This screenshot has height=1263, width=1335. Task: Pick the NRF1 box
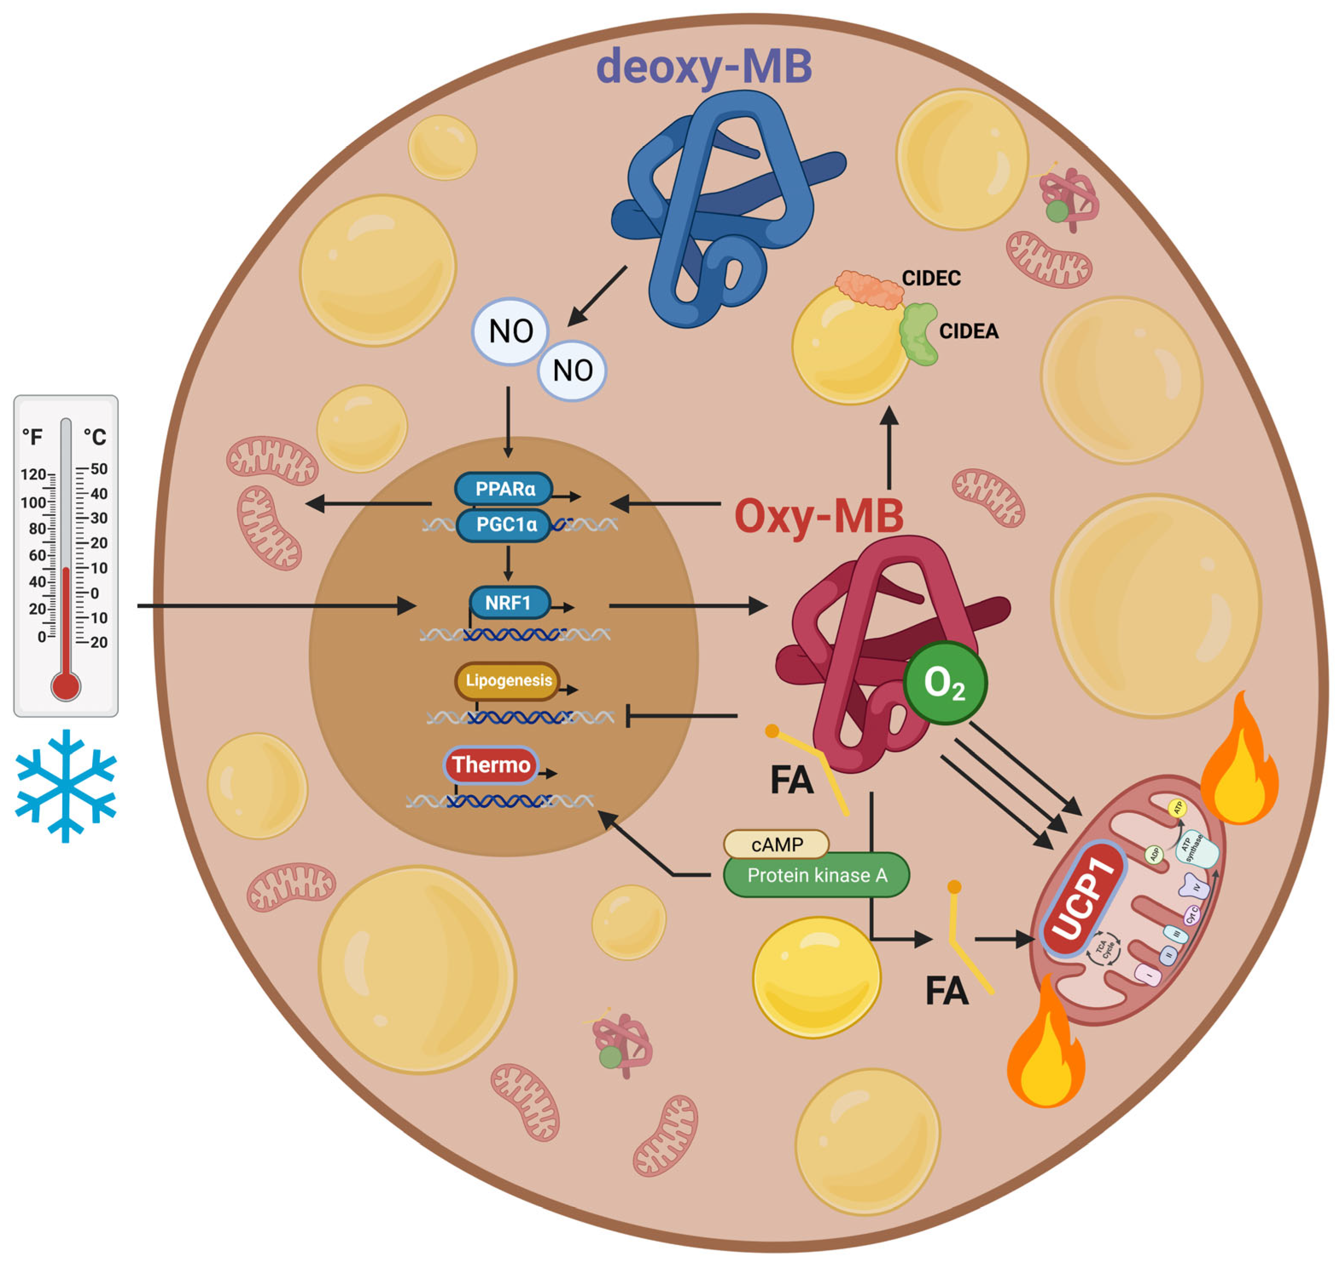[x=509, y=603]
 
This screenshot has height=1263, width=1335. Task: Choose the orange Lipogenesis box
[x=507, y=681]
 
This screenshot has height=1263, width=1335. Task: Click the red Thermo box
[x=490, y=765]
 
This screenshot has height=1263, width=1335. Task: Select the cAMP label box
[x=776, y=844]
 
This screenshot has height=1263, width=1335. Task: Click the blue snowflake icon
[x=65, y=785]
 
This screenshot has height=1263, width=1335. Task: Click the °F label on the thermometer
[x=32, y=437]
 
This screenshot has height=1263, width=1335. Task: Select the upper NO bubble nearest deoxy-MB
[x=510, y=331]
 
